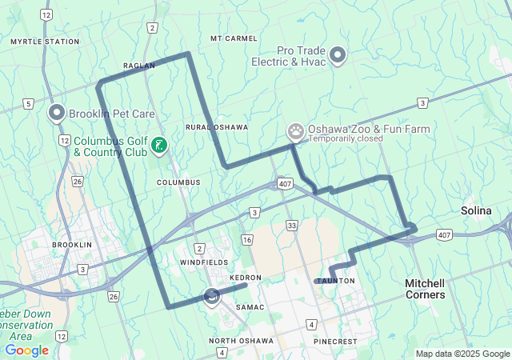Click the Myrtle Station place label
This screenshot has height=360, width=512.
pos(45,42)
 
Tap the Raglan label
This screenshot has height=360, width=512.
pos(138,66)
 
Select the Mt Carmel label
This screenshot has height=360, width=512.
pos(234,38)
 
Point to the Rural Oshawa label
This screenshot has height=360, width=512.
pos(216,127)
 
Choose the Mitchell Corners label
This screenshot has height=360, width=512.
pos(425,289)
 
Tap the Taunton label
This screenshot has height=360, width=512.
pos(334,281)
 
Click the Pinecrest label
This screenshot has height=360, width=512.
pos(334,342)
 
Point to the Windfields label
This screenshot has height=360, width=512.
pos(203,262)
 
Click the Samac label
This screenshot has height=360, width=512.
pos(250,307)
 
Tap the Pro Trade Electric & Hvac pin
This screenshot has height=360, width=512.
pos(338,55)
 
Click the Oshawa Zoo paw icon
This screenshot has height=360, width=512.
pos(296,130)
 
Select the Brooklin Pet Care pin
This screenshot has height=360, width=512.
pos(57,114)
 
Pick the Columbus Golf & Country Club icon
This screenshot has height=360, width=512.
pos(160,145)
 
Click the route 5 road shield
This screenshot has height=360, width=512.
pos(28,103)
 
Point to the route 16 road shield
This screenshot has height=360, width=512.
pos(247,240)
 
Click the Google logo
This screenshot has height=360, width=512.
pos(26,350)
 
